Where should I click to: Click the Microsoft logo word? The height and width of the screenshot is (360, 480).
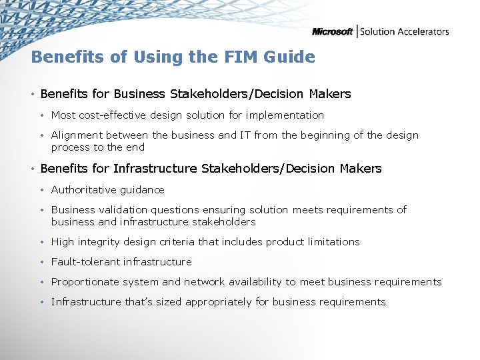click(x=333, y=31)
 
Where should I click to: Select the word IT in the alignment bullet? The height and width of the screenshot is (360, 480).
click(x=245, y=135)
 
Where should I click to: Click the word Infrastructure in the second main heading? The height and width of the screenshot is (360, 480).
click(x=155, y=169)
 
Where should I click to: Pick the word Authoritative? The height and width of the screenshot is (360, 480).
click(x=85, y=189)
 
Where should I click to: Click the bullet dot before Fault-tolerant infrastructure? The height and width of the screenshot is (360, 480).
click(x=42, y=262)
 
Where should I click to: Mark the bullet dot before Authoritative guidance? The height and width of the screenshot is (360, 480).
click(x=42, y=189)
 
